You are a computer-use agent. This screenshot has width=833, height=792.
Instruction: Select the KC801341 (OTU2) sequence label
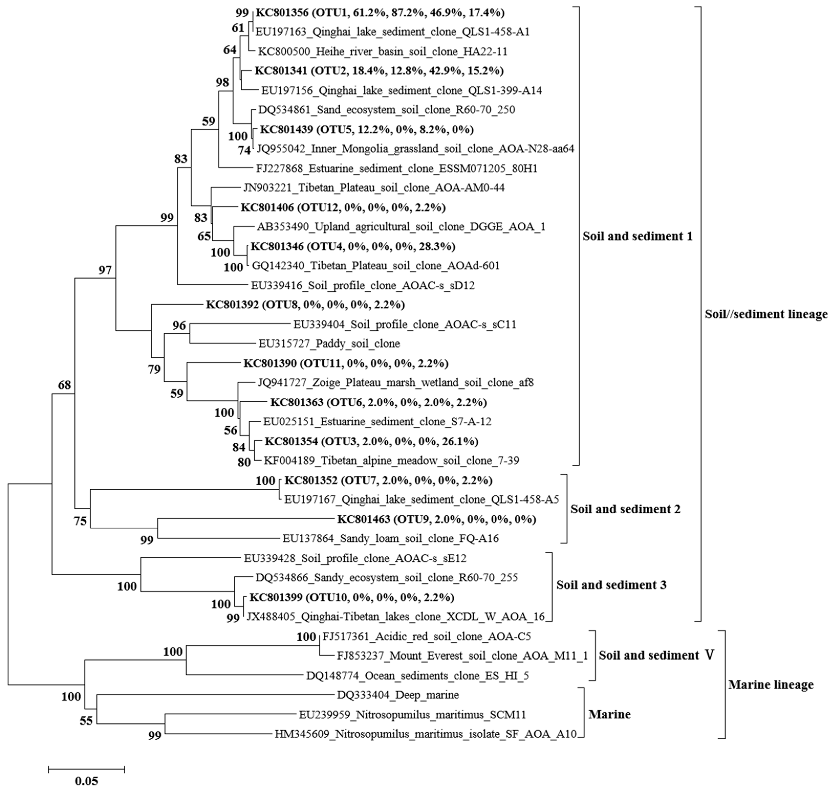[x=379, y=71]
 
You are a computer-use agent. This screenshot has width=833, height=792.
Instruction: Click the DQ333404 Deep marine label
[x=398, y=695]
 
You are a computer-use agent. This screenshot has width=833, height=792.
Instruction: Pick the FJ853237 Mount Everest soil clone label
[x=462, y=656]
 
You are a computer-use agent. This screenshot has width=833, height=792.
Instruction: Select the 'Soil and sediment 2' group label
[x=625, y=509]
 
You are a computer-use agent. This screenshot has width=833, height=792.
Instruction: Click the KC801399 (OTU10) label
[x=351, y=597]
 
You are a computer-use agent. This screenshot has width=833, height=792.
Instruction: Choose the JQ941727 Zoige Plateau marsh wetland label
[x=395, y=383]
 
